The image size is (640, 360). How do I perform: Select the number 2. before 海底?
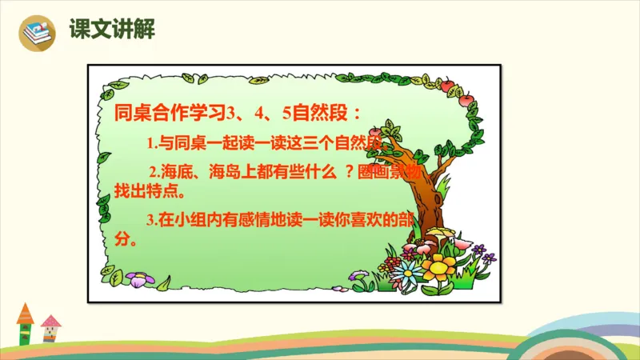[156, 172]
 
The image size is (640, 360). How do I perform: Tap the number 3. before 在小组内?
[152, 221]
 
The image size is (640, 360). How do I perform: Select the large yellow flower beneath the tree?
[438, 264]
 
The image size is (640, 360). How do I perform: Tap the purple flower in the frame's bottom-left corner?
[141, 279]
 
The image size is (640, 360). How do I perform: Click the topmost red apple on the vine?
[446, 84]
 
